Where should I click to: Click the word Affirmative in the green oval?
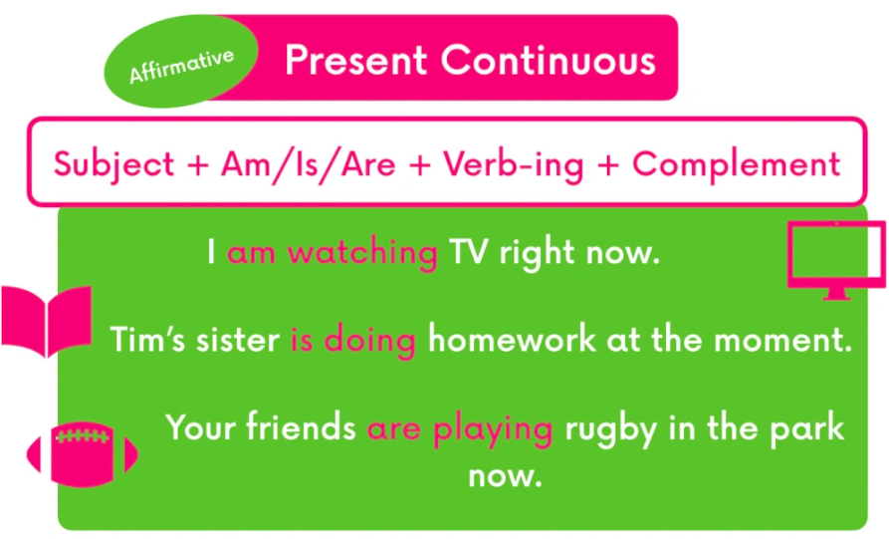tap(181, 66)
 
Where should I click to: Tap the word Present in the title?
tap(356, 60)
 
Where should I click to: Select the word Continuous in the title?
tap(549, 60)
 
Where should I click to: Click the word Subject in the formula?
tap(113, 165)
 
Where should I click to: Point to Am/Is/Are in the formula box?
tap(308, 165)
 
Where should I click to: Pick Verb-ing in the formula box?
tap(513, 165)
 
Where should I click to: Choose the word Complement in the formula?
tap(736, 165)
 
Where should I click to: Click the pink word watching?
tap(362, 252)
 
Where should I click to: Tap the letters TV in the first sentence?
tap(468, 251)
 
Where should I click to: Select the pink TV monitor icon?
tap(836, 259)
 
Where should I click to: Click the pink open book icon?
tap(47, 321)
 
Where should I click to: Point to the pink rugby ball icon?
tap(83, 454)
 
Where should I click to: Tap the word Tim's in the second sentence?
tap(147, 339)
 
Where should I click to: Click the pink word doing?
tap(369, 340)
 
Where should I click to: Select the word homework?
tap(512, 339)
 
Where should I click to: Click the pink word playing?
tap(493, 429)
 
